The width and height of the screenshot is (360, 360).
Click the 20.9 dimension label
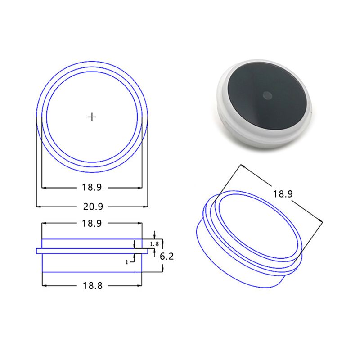click(93, 207)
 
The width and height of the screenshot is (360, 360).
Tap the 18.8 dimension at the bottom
click(93, 286)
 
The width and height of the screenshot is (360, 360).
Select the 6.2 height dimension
click(166, 256)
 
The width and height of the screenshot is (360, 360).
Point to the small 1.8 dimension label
click(154, 244)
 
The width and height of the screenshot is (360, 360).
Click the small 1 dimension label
click(127, 262)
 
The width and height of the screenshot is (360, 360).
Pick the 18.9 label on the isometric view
click(283, 194)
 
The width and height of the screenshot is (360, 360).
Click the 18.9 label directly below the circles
click(92, 187)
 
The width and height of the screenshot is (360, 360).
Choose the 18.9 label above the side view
click(92, 223)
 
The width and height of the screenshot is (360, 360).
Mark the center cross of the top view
click(92, 117)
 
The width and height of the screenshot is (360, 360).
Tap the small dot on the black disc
click(267, 95)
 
